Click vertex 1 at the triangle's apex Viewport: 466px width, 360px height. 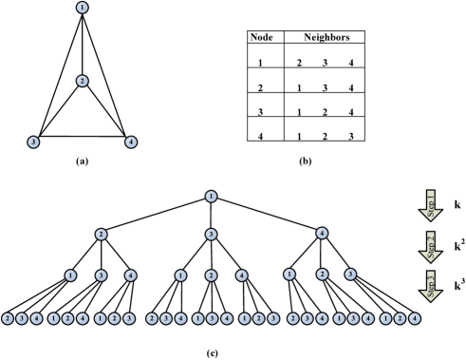pos(83,8)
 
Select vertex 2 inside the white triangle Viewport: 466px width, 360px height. pos(83,81)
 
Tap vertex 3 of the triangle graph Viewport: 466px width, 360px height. pos(33,142)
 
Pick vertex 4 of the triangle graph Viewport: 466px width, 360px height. pos(131,142)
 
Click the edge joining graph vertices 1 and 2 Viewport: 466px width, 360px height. pos(83,45)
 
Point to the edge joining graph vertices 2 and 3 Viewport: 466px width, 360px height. pos(58,111)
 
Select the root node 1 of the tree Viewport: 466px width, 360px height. pos(211,197)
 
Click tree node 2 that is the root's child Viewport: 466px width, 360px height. pos(101,234)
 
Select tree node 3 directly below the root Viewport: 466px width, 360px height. pos(211,234)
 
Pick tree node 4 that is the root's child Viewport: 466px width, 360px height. pos(322,233)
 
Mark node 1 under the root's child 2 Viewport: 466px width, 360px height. pos(70,275)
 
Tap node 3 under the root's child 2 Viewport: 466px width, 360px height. pos(101,275)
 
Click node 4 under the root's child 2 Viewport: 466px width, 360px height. pos(131,275)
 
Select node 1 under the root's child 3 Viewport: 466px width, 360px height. pos(180,275)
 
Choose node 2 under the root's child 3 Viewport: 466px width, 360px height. pos(211,275)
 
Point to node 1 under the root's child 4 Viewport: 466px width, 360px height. pos(289,274)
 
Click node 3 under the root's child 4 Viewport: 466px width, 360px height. pos(350,274)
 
